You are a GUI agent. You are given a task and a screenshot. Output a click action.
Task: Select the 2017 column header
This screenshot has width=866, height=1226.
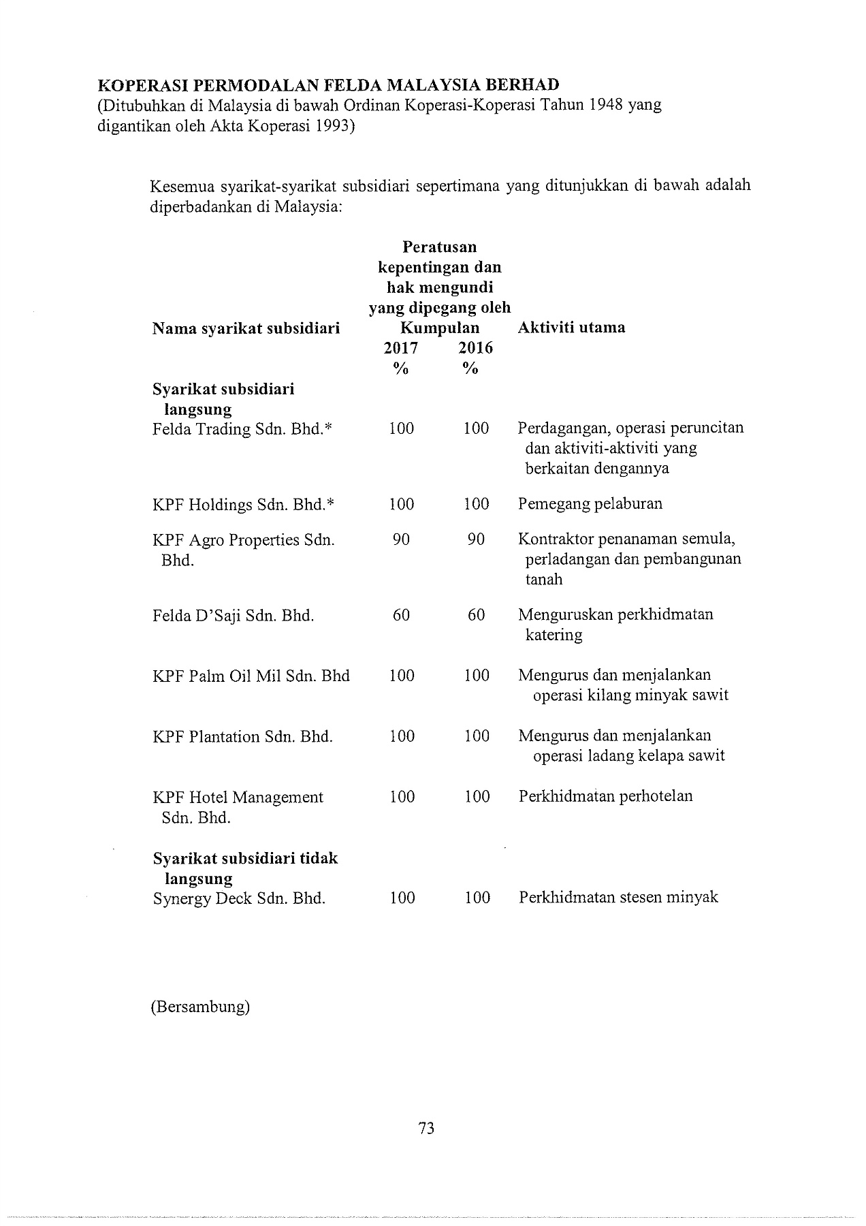coord(401,348)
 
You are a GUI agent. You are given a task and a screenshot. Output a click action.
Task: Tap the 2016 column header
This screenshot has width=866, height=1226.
coord(475,348)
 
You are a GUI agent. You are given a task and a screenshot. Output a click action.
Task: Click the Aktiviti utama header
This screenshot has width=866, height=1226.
coord(571,328)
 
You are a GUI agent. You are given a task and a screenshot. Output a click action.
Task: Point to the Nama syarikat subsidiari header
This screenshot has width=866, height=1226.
coord(246,329)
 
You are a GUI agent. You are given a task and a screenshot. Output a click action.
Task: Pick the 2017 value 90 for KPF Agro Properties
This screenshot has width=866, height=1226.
coord(401,539)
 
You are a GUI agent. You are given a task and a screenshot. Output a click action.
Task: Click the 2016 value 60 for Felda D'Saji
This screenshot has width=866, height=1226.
coord(477,615)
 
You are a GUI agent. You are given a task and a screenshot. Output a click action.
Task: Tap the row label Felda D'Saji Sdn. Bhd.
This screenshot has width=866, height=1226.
coord(233,616)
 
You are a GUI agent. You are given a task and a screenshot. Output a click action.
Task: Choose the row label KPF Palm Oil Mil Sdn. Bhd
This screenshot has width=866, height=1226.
coord(251,676)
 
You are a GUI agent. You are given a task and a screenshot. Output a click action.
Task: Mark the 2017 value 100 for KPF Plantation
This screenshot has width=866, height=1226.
coord(402,736)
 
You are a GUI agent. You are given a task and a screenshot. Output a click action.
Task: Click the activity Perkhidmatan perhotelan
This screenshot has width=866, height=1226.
coord(605,796)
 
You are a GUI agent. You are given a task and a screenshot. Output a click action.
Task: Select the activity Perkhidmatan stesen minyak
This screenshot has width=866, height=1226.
coord(618,897)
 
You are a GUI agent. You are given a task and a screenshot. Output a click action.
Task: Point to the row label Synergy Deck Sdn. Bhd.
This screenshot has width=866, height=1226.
coord(239,898)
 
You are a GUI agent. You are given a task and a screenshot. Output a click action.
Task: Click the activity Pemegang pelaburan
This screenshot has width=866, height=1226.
coord(590,504)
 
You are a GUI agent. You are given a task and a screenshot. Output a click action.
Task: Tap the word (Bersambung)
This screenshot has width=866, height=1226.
coord(200,1007)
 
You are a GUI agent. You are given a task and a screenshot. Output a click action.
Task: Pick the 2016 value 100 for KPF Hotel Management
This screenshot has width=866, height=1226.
coord(477,797)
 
